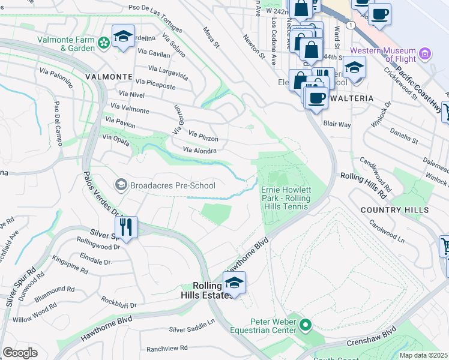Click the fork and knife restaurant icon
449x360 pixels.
tap(126, 226)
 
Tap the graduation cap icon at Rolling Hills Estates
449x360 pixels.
tap(234, 282)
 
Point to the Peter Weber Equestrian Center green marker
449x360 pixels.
tap(306, 326)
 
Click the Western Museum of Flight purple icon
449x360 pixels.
tap(426, 54)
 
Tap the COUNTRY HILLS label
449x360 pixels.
tap(395, 210)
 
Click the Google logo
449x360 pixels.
tap(20, 353)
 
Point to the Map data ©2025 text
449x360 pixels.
tap(423, 355)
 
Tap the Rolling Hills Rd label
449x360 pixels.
tap(363, 185)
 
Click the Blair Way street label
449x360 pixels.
tap(337, 124)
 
